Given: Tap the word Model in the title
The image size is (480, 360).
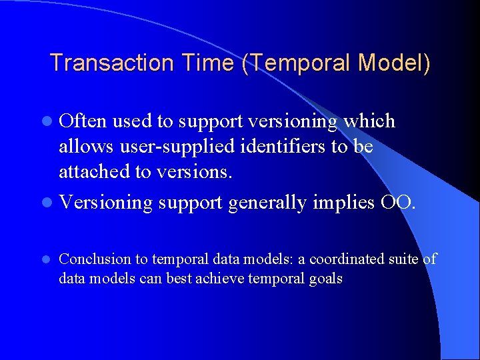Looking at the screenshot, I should [393, 63].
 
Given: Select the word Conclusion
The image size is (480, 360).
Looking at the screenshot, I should [93, 259].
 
